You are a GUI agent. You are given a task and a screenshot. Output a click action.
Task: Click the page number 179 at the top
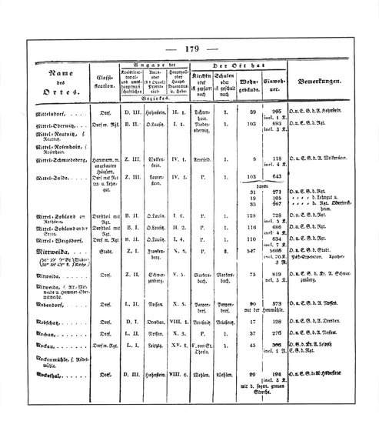191,49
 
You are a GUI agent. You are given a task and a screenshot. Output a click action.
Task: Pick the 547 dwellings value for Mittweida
249,252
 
